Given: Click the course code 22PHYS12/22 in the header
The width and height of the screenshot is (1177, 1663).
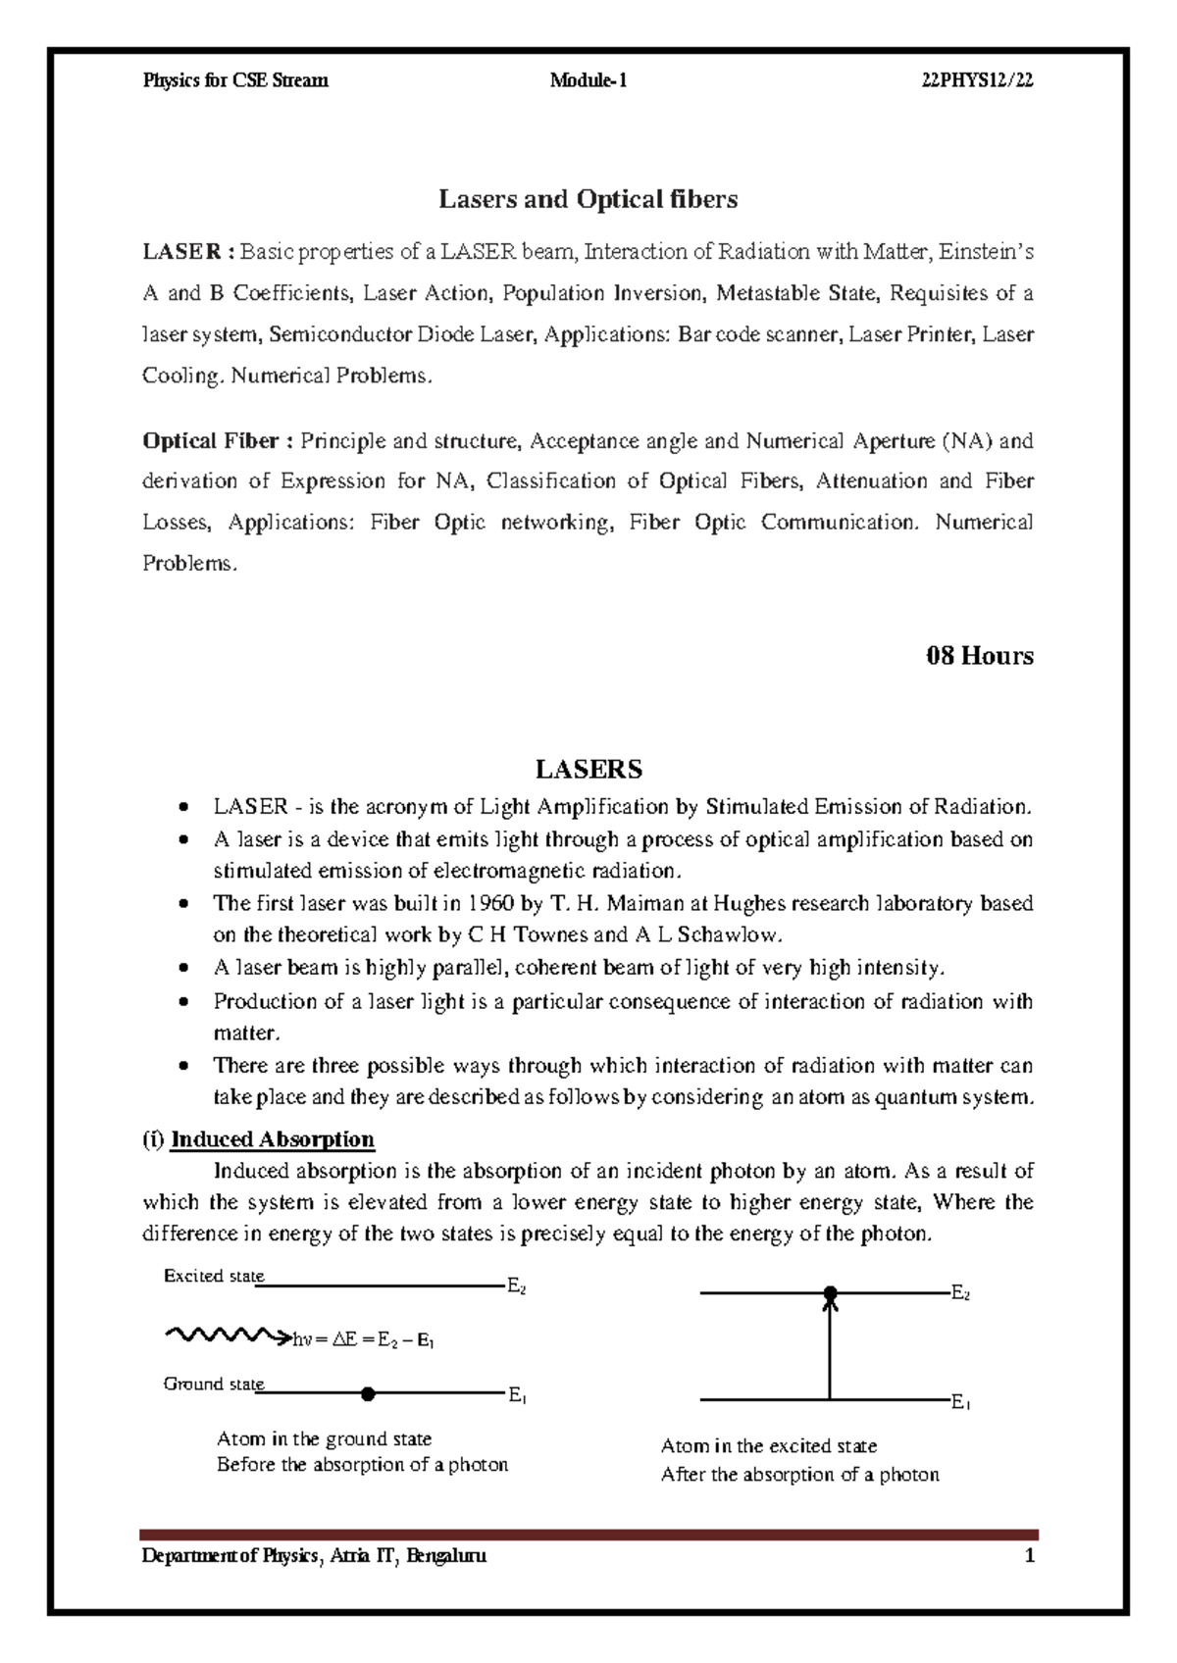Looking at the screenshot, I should point(977,81).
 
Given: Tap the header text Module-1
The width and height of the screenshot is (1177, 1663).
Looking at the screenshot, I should point(588,81).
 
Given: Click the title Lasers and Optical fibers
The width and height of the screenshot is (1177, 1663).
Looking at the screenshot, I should point(588,200).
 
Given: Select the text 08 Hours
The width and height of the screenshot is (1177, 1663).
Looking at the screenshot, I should point(979,655).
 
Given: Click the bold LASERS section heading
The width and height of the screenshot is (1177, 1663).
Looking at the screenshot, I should point(588,769).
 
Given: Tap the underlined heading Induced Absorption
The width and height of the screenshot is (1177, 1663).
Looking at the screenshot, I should point(272,1139).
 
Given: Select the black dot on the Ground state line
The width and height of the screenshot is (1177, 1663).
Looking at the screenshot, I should point(368,1393).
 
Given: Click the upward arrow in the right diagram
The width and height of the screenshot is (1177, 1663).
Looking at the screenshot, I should point(830,1348).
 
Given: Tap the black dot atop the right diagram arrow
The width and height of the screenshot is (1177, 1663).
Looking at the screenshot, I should point(830,1294).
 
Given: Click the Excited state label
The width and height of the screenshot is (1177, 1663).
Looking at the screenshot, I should point(213,1277).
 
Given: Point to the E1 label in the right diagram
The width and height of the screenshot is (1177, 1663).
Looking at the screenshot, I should point(960,1404).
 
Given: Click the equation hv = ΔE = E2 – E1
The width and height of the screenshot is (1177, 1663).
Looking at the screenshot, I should point(363,1340).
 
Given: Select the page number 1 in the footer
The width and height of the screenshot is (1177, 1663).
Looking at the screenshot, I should point(1029,1556).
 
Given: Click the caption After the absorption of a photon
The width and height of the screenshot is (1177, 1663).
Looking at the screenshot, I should point(799,1475).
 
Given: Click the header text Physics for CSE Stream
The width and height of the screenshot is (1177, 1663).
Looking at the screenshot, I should point(235,81).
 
